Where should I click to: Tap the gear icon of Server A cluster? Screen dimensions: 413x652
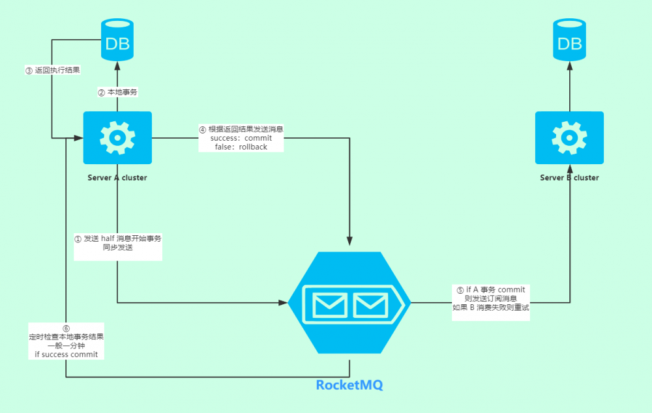[x=117, y=137]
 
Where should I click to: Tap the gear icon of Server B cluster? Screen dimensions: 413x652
[x=569, y=137]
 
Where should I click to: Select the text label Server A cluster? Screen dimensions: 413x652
[x=117, y=177]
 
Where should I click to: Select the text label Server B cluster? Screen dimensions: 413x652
[x=569, y=177]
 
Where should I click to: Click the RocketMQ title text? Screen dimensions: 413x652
[x=349, y=385]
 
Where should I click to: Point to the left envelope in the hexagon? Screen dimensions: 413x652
[x=329, y=304]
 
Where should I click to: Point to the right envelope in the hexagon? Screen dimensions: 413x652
[x=371, y=304]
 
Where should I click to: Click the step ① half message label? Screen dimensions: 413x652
[x=118, y=243]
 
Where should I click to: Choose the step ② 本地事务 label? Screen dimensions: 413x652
[x=118, y=93]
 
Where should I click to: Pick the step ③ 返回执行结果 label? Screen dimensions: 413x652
[x=52, y=70]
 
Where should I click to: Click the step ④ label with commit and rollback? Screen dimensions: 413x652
[x=241, y=138]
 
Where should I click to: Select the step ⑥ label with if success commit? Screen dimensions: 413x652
[x=66, y=341]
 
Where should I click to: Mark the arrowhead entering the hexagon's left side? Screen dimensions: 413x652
[x=284, y=302]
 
